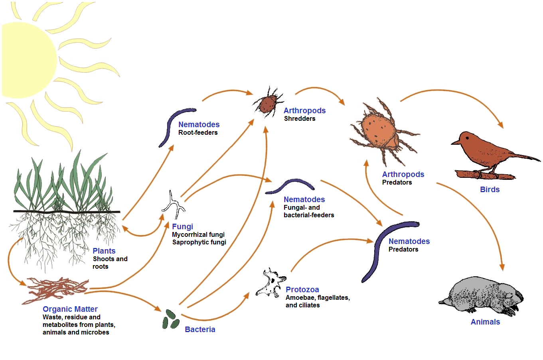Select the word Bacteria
(x=200, y=329)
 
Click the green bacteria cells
(x=170, y=319)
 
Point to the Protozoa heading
(x=302, y=289)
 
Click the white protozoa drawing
(x=270, y=283)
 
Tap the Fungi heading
(x=182, y=226)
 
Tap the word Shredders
(x=299, y=118)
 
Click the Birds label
(x=490, y=189)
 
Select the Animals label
(x=485, y=322)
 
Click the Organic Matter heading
(x=70, y=309)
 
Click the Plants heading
(x=104, y=251)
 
